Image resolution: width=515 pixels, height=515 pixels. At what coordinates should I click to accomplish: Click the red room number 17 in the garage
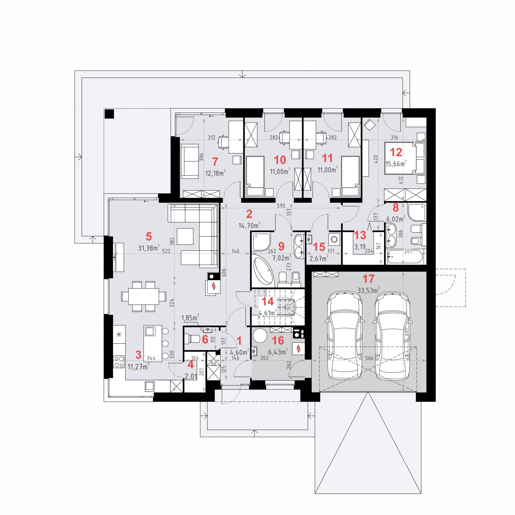[x=368, y=279]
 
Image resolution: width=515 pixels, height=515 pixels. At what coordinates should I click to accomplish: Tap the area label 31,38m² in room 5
[x=149, y=248]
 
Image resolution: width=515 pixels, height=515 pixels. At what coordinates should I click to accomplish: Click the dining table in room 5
[x=144, y=296]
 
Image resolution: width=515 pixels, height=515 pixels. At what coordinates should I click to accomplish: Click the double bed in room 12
[x=405, y=158]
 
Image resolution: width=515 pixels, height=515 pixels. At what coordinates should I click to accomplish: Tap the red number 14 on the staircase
[x=268, y=301]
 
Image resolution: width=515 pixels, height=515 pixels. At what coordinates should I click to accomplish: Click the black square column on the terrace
[x=109, y=114]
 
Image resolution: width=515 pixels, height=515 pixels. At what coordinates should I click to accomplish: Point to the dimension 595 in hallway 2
[x=281, y=206]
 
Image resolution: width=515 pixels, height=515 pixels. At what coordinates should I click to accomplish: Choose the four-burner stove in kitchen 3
[x=119, y=362]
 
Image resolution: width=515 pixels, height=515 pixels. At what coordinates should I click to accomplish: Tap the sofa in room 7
[x=190, y=161]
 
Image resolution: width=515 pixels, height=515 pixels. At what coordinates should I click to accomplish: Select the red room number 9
[x=281, y=246]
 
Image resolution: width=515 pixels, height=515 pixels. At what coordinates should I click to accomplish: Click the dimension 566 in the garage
[x=370, y=358]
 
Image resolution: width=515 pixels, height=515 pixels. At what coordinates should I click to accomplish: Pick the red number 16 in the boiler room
[x=278, y=340]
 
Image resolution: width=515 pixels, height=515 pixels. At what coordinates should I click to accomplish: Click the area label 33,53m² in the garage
[x=368, y=290]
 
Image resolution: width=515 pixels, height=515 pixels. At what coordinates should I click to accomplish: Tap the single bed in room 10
[x=255, y=176]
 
